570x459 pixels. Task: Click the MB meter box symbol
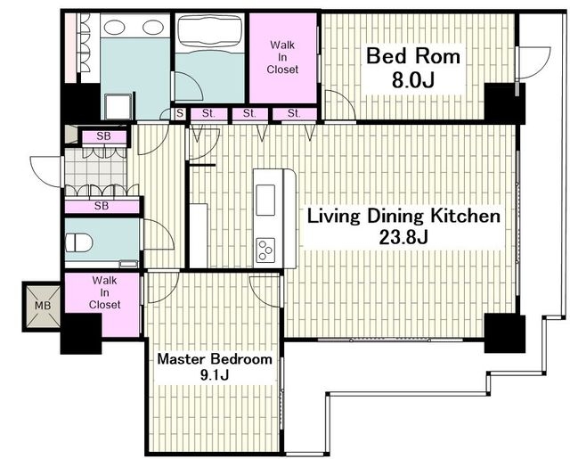pos(42,307)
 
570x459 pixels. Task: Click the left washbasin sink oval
pos(115,27)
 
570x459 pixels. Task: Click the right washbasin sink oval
pos(152,27)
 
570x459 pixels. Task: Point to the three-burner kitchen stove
pos(265,250)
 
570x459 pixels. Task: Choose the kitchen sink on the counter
pos(265,200)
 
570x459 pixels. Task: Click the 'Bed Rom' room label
pos(413,56)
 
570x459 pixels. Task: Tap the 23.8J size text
pos(403,237)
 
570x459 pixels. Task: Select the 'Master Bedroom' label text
pos(215,359)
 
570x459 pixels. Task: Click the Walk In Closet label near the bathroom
pos(282,57)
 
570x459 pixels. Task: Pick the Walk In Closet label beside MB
pos(104,292)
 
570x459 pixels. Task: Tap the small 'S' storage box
pos(180,113)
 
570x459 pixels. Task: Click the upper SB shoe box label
pos(103,136)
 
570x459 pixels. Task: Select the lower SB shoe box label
pos(102,206)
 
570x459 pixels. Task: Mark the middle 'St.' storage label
pos(249,113)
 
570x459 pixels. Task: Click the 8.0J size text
pos(413,80)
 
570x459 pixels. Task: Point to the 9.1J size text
pos(215,375)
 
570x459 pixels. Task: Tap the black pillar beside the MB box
pos(81,333)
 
